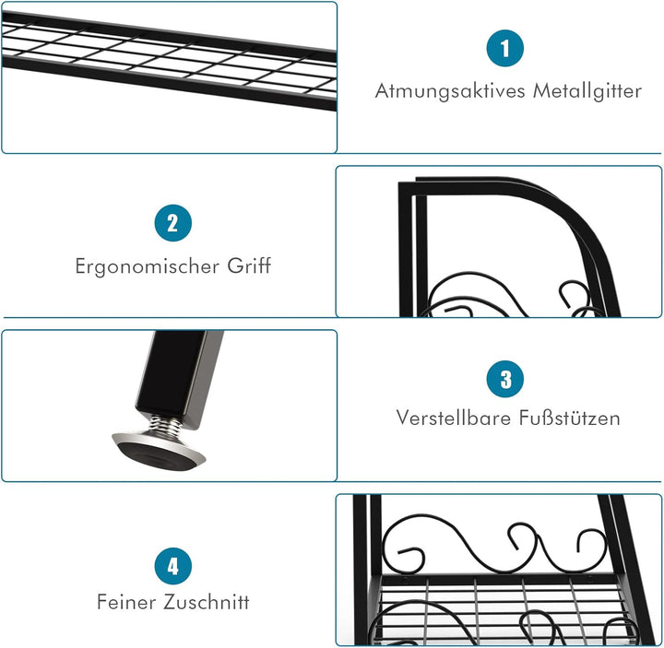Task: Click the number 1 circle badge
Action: click(505, 48)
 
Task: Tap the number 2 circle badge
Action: click(172, 222)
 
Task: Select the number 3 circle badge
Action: click(505, 379)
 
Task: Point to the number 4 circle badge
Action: click(172, 564)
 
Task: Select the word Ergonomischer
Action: click(146, 266)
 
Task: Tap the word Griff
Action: click(248, 266)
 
